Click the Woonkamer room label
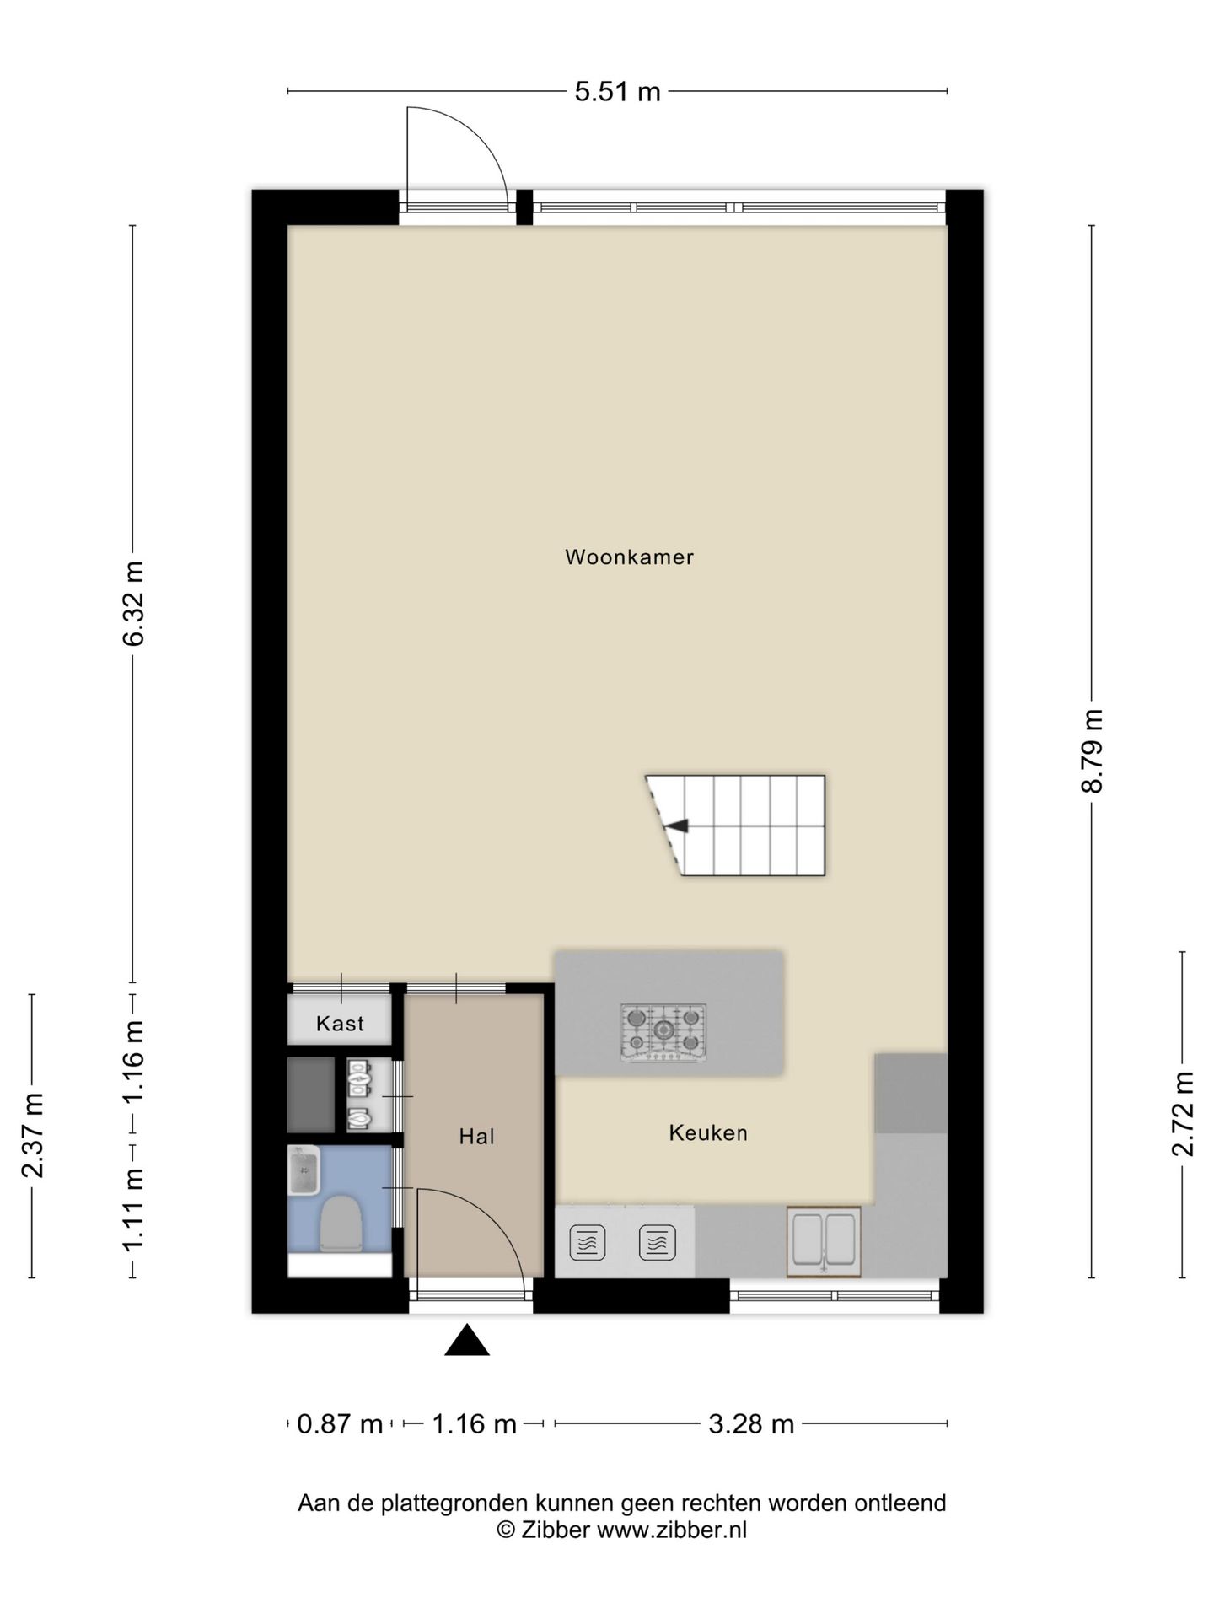pyautogui.click(x=629, y=557)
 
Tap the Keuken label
pyautogui.click(x=708, y=1132)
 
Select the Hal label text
pyautogui.click(x=476, y=1137)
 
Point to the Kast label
pyautogui.click(x=340, y=1024)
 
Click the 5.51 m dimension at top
pyautogui.click(x=617, y=91)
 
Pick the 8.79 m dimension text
pyautogui.click(x=1093, y=750)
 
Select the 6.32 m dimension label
pyautogui.click(x=133, y=603)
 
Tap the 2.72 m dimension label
pyautogui.click(x=1183, y=1115)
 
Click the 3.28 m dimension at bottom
pyautogui.click(x=751, y=1424)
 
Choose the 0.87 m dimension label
pyautogui.click(x=340, y=1424)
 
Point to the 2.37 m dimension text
pyautogui.click(x=32, y=1135)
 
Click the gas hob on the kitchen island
pyautogui.click(x=663, y=1031)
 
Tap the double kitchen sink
pyautogui.click(x=824, y=1241)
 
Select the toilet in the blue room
pyautogui.click(x=341, y=1222)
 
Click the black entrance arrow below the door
pyautogui.click(x=467, y=1340)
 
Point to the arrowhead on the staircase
pyautogui.click(x=677, y=826)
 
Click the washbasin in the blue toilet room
pyautogui.click(x=303, y=1170)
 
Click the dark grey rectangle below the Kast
pyautogui.click(x=311, y=1095)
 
